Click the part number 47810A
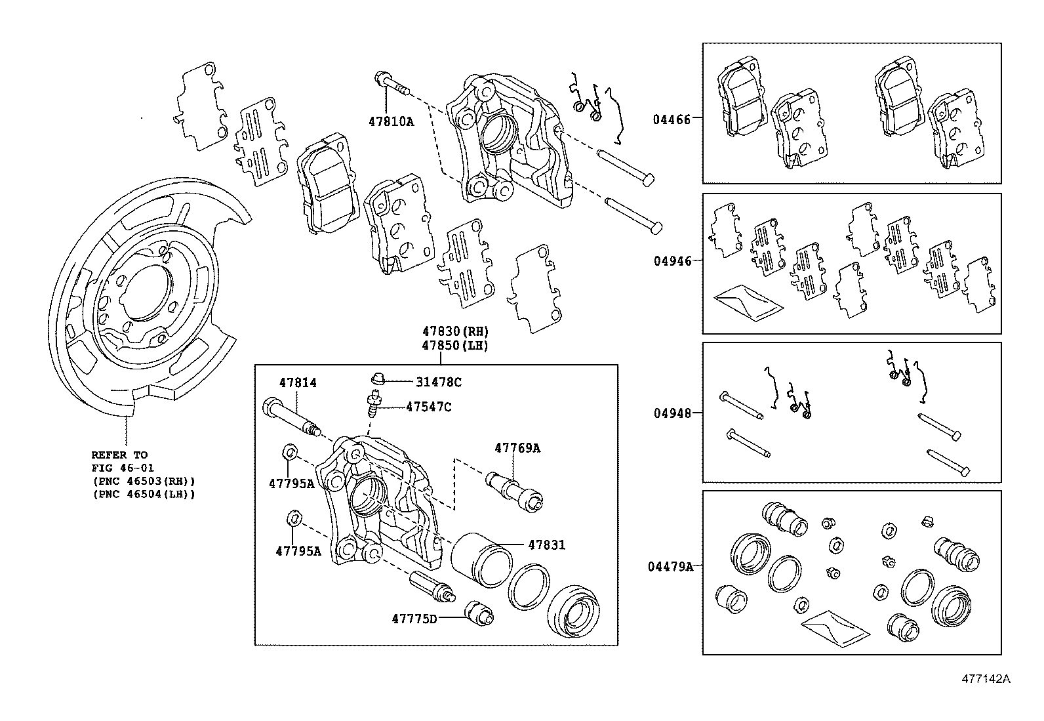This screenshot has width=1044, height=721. point(391,121)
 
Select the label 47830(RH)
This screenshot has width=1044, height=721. point(455,331)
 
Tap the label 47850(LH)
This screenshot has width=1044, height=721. point(455,345)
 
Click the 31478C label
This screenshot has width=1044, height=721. point(438,382)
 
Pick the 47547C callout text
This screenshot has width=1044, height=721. point(428,407)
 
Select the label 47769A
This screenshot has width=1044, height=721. point(517,448)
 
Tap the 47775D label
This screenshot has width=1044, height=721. point(414,618)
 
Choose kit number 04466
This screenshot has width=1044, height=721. point(671,119)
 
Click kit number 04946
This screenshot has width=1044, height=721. point(672,260)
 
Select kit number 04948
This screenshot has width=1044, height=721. point(672,413)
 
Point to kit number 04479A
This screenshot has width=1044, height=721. point(670,566)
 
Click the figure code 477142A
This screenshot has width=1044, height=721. point(986,679)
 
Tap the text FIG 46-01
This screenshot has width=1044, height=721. point(119,468)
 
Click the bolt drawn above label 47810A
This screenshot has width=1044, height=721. point(392,85)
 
